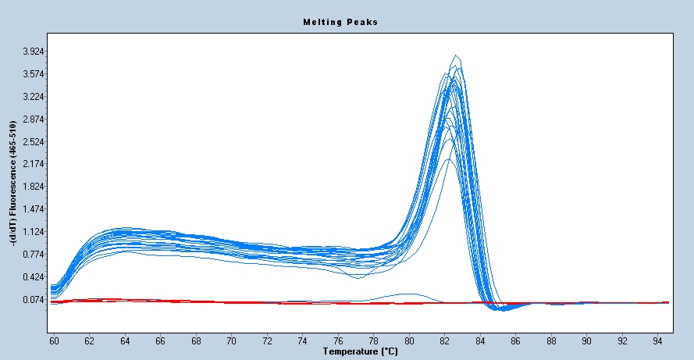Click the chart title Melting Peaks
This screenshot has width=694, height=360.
pos(340,22)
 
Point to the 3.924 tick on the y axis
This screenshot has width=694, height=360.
pos(34,52)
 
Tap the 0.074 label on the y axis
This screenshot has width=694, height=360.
pos(34,300)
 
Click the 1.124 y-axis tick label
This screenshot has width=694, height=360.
pos(34,232)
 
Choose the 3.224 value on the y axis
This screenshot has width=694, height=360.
pos(34,97)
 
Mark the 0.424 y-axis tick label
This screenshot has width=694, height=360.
pos(34,277)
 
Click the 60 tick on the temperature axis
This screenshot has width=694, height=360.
pos(54,341)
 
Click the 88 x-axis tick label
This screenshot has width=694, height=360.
pos(552,341)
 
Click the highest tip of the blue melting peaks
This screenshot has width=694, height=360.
pos(455,55)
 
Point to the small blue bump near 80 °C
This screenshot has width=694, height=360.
pos(406,294)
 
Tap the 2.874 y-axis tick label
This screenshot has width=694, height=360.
pos(34,119)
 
